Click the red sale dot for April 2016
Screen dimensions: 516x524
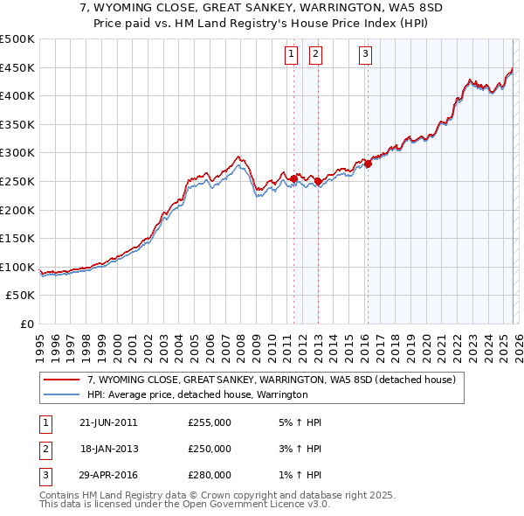point(369,164)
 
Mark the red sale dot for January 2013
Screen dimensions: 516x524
point(318,182)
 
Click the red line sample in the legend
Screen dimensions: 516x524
point(62,380)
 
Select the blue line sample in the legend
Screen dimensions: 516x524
point(62,395)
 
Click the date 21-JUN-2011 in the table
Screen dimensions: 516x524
point(107,422)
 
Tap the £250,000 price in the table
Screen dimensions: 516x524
point(210,449)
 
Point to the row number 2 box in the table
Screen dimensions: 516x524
point(44,449)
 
